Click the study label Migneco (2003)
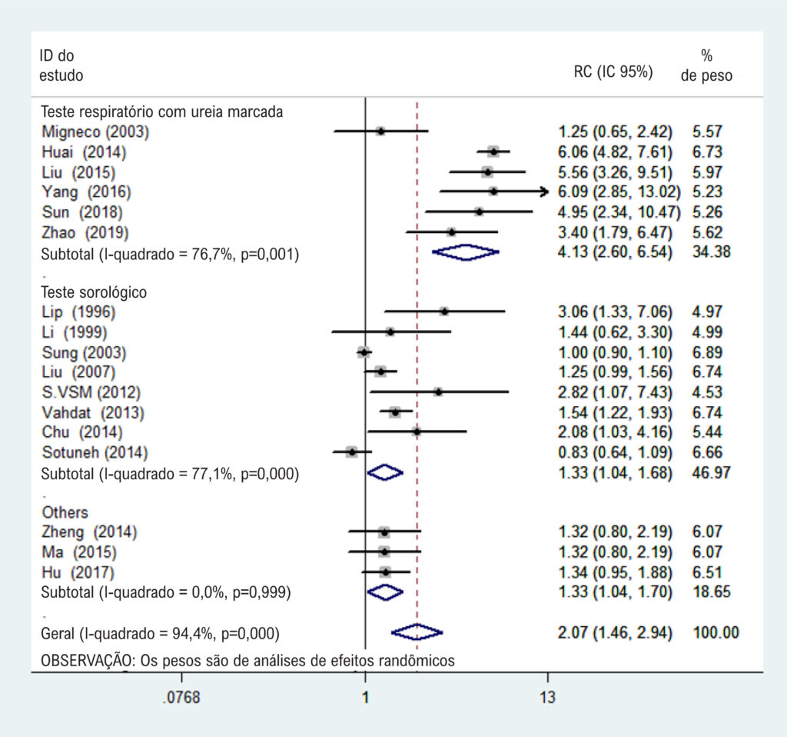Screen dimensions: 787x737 [95, 132]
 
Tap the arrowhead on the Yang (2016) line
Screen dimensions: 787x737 [544, 192]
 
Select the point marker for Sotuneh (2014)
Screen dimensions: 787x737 [352, 452]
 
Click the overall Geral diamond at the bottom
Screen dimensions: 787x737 [417, 632]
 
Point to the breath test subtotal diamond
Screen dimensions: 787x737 [466, 252]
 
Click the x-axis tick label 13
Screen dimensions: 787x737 [547, 697]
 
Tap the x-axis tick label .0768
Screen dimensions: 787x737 [181, 697]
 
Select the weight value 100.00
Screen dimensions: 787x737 [716, 632]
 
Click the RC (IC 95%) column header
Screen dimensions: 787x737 [613, 72]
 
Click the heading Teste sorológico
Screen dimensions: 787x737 [94, 292]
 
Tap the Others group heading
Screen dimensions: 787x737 [65, 512]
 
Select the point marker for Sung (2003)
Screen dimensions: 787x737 [364, 352]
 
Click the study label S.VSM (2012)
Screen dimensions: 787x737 [91, 392]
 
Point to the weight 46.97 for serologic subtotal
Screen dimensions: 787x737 [711, 473]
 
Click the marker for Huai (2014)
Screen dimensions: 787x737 [493, 152]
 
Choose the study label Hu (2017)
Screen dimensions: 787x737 [78, 572]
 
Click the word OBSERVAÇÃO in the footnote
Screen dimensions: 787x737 [88, 661]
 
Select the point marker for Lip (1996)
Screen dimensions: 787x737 [444, 312]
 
